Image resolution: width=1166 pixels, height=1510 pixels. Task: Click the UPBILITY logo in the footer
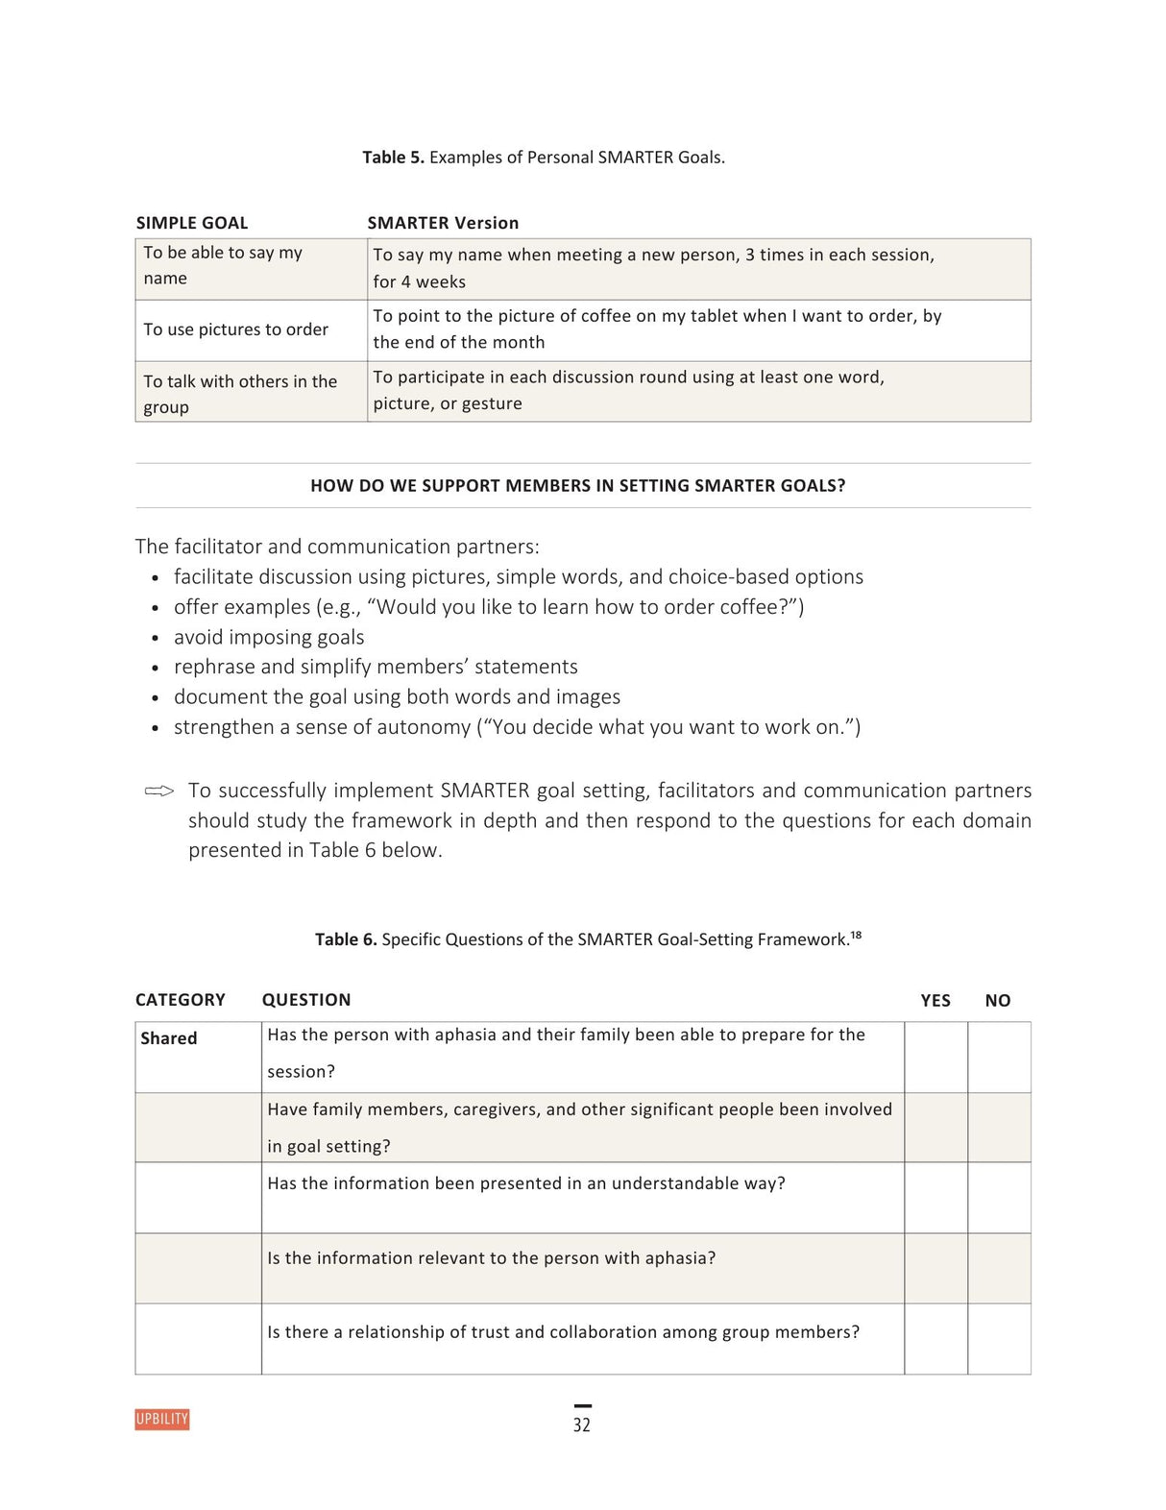click(162, 1419)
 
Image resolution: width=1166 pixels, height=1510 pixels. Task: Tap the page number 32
click(582, 1425)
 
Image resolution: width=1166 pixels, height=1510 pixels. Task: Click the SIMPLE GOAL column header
click(192, 223)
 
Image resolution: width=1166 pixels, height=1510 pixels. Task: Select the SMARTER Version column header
click(443, 223)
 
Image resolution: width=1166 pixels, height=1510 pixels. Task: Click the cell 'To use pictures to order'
click(236, 329)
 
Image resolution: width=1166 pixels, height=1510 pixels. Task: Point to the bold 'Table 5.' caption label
click(393, 158)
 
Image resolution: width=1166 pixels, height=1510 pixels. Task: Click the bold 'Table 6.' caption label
click(346, 939)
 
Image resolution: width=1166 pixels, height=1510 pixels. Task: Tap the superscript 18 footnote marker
click(856, 935)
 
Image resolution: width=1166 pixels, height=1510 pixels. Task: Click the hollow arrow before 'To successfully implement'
click(159, 792)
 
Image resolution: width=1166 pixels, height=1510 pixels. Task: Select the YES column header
click(935, 1001)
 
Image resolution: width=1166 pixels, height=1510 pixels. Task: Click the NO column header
click(998, 1001)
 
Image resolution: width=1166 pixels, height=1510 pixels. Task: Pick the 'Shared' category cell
click(169, 1038)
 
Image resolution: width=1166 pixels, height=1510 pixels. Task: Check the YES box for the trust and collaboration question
click(935, 1338)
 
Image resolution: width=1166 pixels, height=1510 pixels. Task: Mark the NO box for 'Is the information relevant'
click(999, 1268)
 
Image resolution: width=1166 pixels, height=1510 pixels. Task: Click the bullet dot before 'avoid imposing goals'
click(156, 638)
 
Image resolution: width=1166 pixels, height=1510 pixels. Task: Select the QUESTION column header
click(306, 1000)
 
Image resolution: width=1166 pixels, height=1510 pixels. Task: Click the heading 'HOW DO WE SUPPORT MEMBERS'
click(577, 486)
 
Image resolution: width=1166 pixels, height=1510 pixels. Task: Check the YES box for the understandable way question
click(935, 1197)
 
